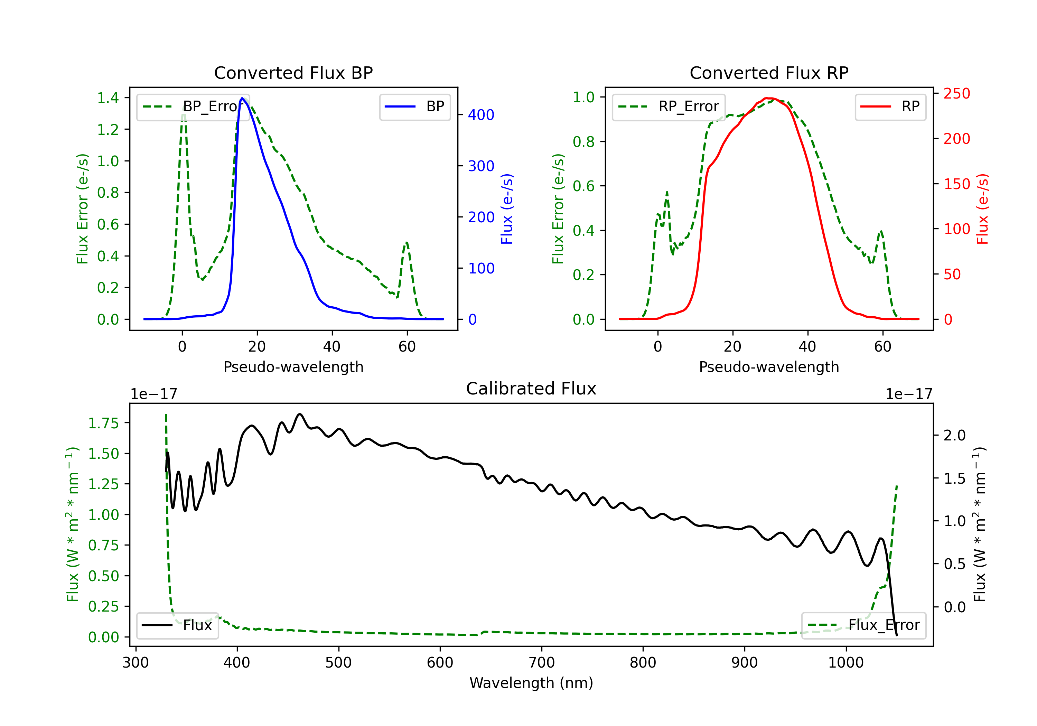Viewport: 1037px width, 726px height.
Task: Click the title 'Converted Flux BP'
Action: point(293,73)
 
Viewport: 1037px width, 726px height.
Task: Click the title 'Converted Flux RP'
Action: point(769,73)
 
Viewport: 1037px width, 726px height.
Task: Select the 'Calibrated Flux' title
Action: point(531,389)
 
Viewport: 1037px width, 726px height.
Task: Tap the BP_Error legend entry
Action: point(193,106)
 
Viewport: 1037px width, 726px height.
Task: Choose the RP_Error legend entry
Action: point(669,106)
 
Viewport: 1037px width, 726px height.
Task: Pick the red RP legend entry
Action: point(890,106)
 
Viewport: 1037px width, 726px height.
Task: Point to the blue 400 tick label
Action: point(481,115)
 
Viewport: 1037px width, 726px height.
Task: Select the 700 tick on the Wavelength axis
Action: point(542,663)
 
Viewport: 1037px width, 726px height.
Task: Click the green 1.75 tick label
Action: point(103,423)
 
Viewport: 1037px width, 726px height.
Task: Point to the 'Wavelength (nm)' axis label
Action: point(531,683)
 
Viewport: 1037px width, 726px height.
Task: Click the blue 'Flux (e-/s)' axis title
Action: point(507,209)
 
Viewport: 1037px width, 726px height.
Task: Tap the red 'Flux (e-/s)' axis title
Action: point(982,209)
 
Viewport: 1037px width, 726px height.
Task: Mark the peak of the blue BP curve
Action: point(242,98)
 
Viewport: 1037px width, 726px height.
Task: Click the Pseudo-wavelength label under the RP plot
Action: point(769,367)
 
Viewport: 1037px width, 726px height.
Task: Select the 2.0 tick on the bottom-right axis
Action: point(955,436)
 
